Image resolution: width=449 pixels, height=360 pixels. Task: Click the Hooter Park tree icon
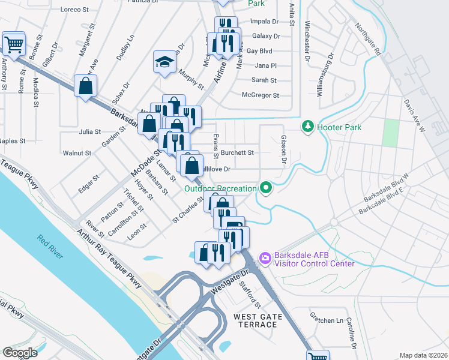308,126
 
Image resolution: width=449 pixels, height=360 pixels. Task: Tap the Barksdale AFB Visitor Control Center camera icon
264,258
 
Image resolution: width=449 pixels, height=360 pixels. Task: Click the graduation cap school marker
164,62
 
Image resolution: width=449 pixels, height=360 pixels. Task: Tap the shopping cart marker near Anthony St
13,43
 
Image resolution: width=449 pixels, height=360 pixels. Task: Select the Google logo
20,352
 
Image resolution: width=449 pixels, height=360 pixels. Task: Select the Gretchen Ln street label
322,320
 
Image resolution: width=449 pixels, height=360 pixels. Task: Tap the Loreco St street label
74,10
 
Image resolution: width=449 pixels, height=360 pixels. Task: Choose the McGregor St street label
260,95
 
